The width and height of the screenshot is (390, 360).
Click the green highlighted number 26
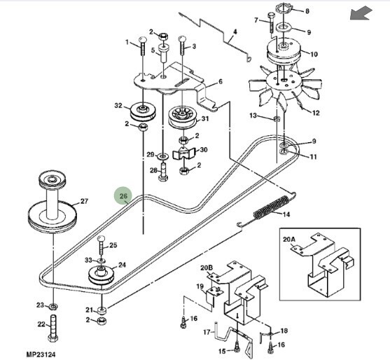[x=123, y=196]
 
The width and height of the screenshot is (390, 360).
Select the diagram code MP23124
[x=41, y=354]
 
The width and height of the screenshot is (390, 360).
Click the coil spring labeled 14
[x=271, y=206]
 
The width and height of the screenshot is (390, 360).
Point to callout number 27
[x=84, y=201]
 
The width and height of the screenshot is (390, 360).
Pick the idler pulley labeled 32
[x=143, y=111]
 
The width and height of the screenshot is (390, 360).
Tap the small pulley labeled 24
[x=102, y=275]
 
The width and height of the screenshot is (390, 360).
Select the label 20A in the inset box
[x=289, y=240]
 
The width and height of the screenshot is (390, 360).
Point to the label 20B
[x=207, y=268]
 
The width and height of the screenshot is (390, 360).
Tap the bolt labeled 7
[x=271, y=22]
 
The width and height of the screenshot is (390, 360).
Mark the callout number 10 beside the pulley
[x=314, y=54]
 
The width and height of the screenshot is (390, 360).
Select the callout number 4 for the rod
[x=235, y=32]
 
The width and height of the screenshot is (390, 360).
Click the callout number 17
[x=207, y=332]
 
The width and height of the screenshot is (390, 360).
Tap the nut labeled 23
[x=53, y=307]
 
